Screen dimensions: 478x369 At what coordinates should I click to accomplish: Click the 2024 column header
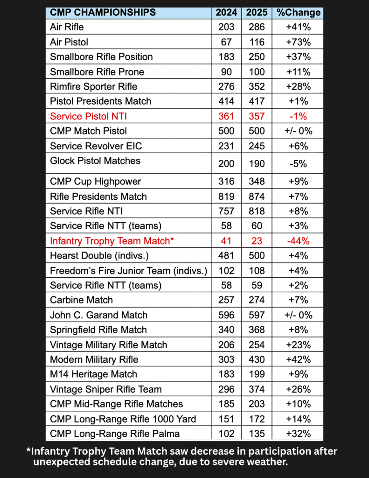click(226, 13)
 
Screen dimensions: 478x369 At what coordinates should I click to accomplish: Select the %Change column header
click(299, 13)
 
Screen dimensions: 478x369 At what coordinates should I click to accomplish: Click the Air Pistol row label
click(69, 42)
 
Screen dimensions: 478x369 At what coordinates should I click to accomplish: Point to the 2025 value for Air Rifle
click(257, 27)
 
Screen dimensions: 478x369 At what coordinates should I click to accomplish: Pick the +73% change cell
click(299, 42)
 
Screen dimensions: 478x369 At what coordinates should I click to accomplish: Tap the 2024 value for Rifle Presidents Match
click(226, 197)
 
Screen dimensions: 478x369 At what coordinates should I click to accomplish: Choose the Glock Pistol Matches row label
click(95, 161)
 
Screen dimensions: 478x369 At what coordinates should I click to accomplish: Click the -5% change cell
click(299, 163)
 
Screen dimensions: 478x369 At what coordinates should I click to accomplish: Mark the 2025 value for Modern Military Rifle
click(257, 359)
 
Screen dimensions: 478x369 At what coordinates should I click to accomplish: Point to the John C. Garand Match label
click(98, 315)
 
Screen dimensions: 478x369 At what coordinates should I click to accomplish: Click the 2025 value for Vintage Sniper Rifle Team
click(257, 389)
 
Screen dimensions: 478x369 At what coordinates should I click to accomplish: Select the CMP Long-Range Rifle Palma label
click(115, 434)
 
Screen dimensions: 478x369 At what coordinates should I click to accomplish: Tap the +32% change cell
click(299, 434)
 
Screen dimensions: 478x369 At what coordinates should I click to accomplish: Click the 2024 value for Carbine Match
click(226, 300)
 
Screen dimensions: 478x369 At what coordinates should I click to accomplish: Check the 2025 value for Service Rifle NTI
click(257, 211)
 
